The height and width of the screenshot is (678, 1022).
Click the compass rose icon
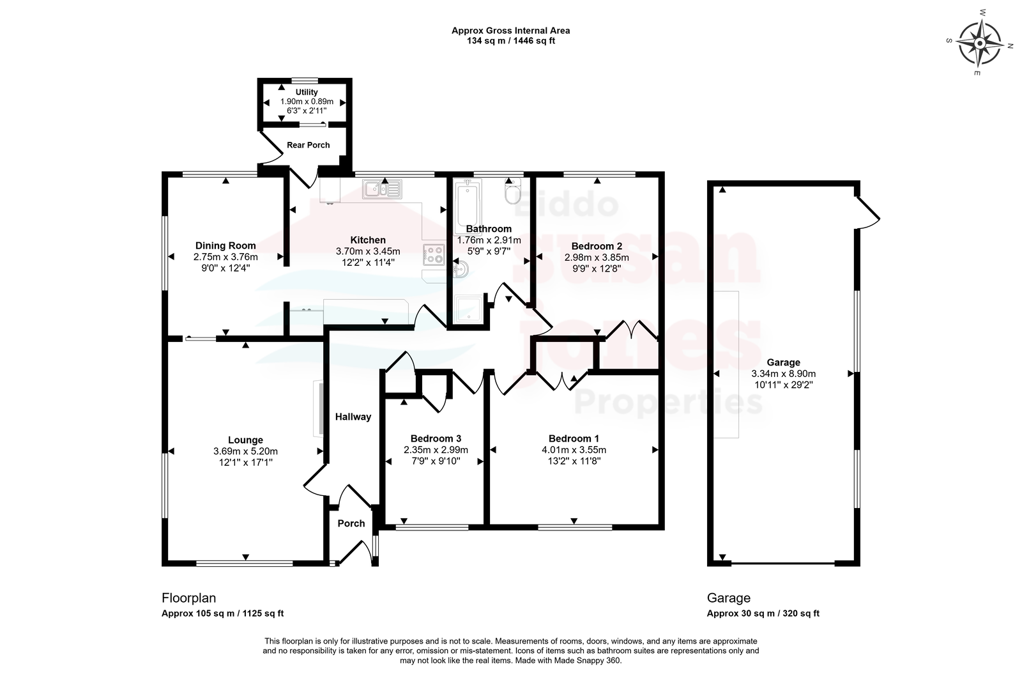pos(980,43)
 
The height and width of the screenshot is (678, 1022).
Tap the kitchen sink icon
pos(383,189)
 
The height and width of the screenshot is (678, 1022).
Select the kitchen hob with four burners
pos(434,255)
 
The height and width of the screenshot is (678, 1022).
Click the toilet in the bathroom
pos(513,191)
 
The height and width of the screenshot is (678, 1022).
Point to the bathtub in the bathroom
pos(468,207)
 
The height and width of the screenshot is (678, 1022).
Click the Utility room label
pos(307,92)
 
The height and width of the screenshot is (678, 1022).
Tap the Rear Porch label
pos(309,145)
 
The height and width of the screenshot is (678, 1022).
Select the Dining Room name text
pos(225,245)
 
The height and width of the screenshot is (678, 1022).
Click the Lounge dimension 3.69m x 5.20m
pos(245,451)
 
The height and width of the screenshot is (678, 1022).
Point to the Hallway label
pos(353,417)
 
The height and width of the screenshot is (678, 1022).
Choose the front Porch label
pos(351,524)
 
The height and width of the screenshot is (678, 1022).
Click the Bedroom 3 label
pos(436,439)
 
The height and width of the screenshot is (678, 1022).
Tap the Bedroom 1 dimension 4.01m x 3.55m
pos(574,450)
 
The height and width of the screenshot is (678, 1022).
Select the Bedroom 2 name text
pos(597,247)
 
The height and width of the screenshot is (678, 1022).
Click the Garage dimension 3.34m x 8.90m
pos(783,374)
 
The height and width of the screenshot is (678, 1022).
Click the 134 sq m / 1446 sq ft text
pos(510,41)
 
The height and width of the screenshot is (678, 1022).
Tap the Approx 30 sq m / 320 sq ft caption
pos(763,613)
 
